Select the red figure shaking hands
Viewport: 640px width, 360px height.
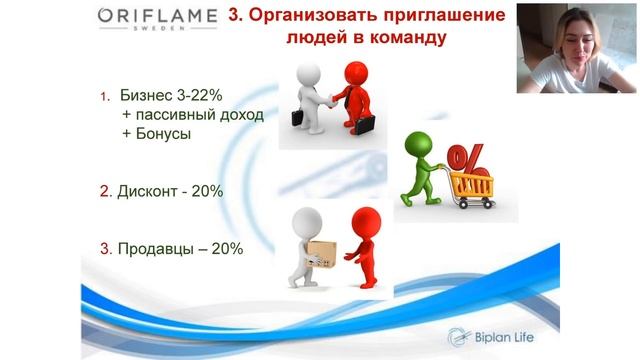(352, 90)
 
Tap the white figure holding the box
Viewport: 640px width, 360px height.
(300, 250)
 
